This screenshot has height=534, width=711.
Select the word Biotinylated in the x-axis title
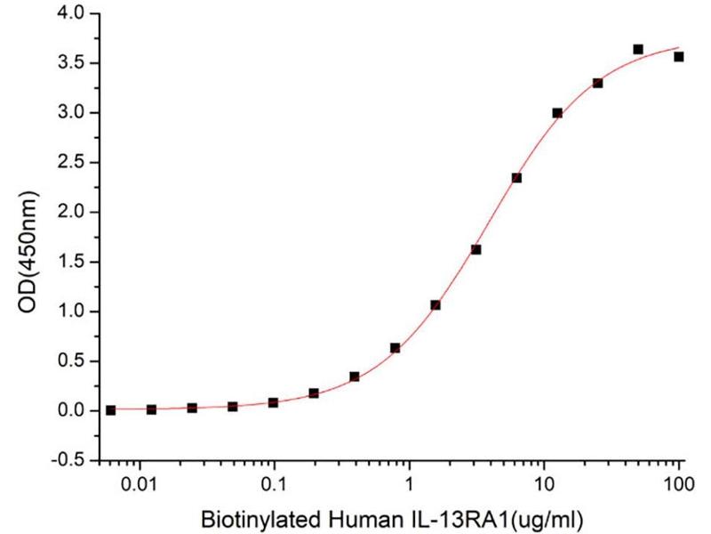pos(251,517)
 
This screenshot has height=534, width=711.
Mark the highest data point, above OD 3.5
pos(638,49)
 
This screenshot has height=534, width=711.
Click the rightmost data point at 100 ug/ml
pos(679,57)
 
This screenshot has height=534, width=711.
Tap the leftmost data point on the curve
pos(110,410)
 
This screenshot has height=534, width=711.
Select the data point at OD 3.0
pos(557,113)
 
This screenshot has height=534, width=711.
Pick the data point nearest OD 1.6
pos(476,249)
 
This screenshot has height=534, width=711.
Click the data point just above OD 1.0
pos(435,304)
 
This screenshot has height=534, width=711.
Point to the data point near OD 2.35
pos(516,178)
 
